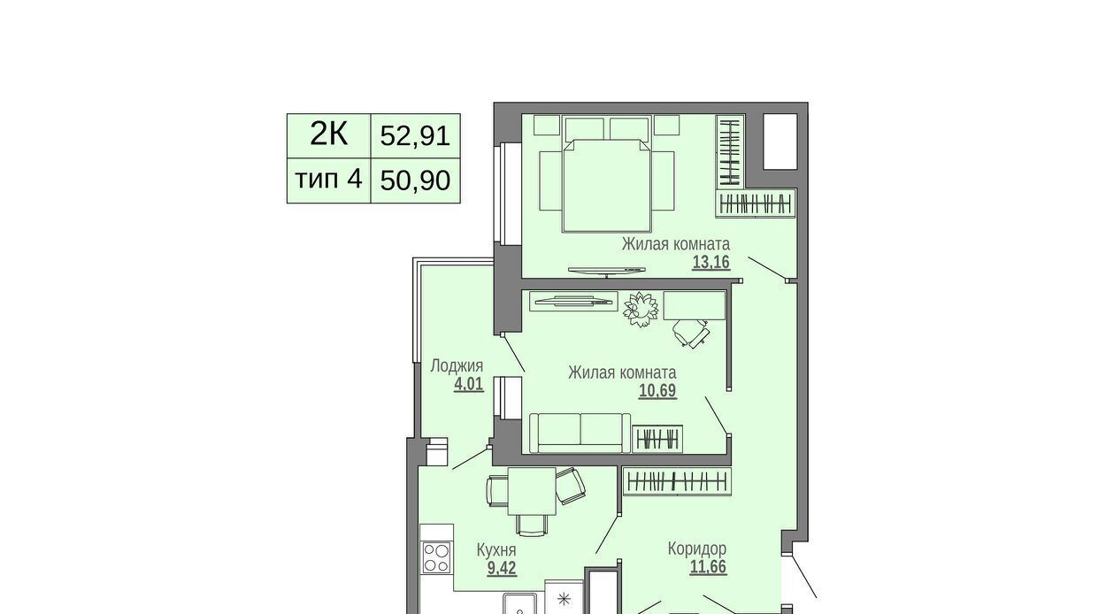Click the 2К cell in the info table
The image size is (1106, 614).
329,135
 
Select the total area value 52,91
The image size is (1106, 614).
415,135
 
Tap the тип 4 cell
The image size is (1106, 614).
329,180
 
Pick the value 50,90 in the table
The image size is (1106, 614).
415,180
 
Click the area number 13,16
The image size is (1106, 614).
710,262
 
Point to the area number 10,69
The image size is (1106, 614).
657,391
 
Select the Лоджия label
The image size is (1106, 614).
457,366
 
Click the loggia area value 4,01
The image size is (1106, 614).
469,384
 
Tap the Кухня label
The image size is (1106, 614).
496,549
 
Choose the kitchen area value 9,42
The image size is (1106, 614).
502,568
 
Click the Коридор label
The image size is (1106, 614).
697,549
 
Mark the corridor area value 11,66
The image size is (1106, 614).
708,566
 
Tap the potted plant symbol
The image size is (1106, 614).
641,309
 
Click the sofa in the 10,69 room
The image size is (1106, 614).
580,434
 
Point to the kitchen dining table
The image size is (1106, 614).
533,492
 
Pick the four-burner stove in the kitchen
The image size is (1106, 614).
436,557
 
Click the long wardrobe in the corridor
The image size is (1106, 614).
677,481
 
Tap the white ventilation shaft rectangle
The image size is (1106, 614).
780,142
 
